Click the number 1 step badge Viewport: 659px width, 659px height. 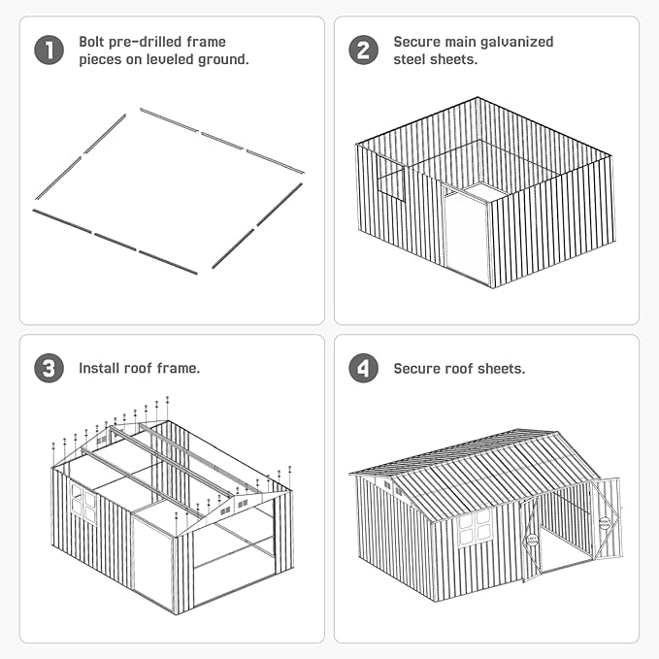[x=49, y=50]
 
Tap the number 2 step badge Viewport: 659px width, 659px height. [x=364, y=50]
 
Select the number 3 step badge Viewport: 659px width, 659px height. [x=49, y=368]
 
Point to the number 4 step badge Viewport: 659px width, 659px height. [x=364, y=368]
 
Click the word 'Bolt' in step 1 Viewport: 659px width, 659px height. [x=89, y=42]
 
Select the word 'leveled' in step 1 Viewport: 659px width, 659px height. [x=170, y=59]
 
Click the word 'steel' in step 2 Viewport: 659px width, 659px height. [x=409, y=59]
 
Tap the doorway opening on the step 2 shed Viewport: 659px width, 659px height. [x=466, y=235]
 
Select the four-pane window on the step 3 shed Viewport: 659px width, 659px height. [x=84, y=504]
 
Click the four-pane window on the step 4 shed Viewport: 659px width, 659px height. [x=474, y=529]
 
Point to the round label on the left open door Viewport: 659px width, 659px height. [x=532, y=541]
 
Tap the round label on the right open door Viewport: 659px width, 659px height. [x=605, y=523]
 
